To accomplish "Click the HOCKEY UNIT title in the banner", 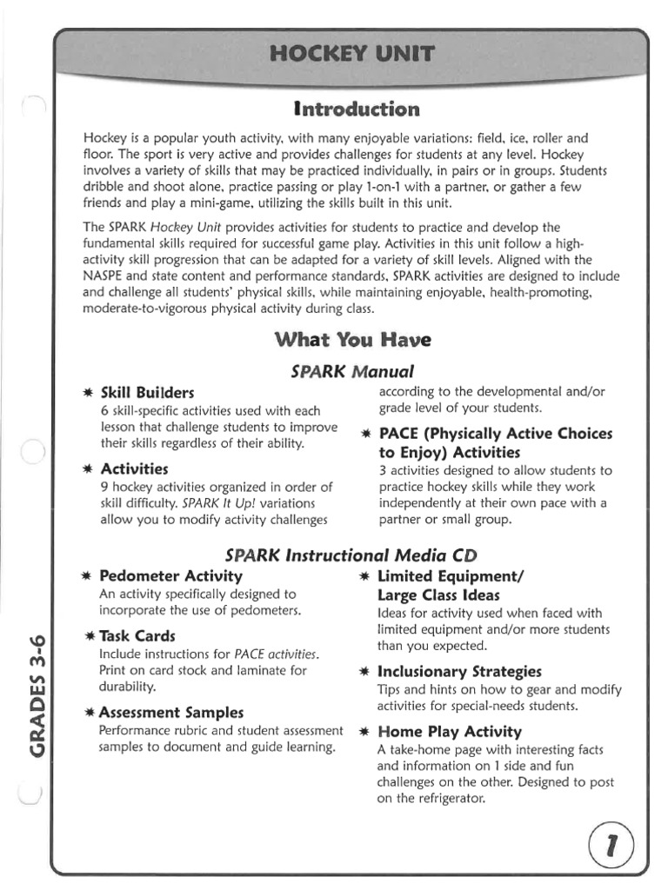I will coord(351,56).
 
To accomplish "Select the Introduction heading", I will coord(357,110).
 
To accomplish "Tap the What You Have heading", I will coord(352,339).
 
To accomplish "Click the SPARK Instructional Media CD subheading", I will coord(351,555).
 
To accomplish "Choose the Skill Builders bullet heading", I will coord(148,393).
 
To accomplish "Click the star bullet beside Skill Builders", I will coord(87,394).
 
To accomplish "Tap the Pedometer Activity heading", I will coord(171,575).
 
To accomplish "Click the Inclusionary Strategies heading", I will coord(459,671).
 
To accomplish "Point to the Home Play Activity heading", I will coord(450,731).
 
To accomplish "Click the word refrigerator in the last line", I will coord(443,799).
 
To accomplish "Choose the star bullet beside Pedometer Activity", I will coord(87,576).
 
